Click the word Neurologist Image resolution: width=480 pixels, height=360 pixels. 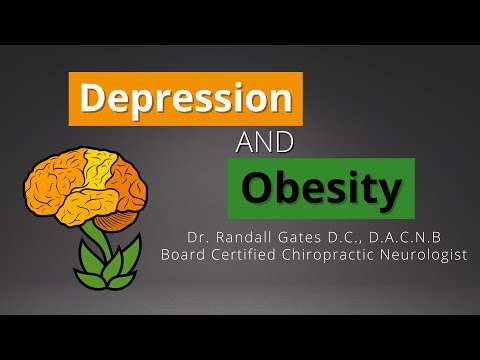[429, 255]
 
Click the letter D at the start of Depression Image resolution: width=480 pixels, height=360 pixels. [91, 99]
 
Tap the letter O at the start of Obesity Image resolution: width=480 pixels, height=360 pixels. [258, 188]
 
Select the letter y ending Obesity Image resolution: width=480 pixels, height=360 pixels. [393, 191]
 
